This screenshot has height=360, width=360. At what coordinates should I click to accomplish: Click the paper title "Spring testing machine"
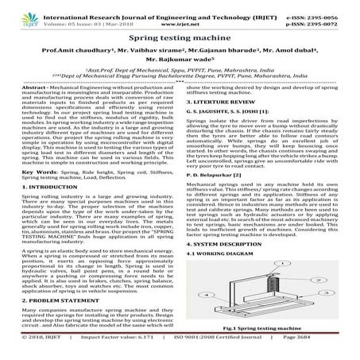pyautogui.click(x=180, y=37)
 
